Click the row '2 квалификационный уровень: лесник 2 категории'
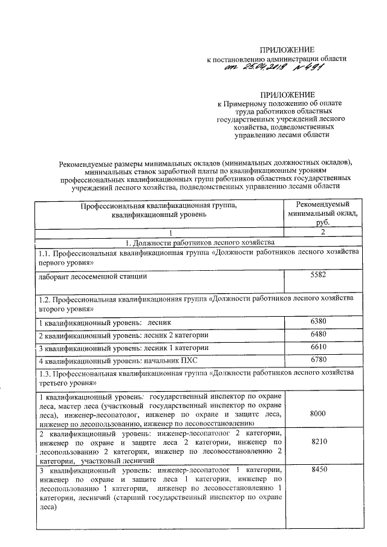click(124, 335)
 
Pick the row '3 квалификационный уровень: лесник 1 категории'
click(124, 348)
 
